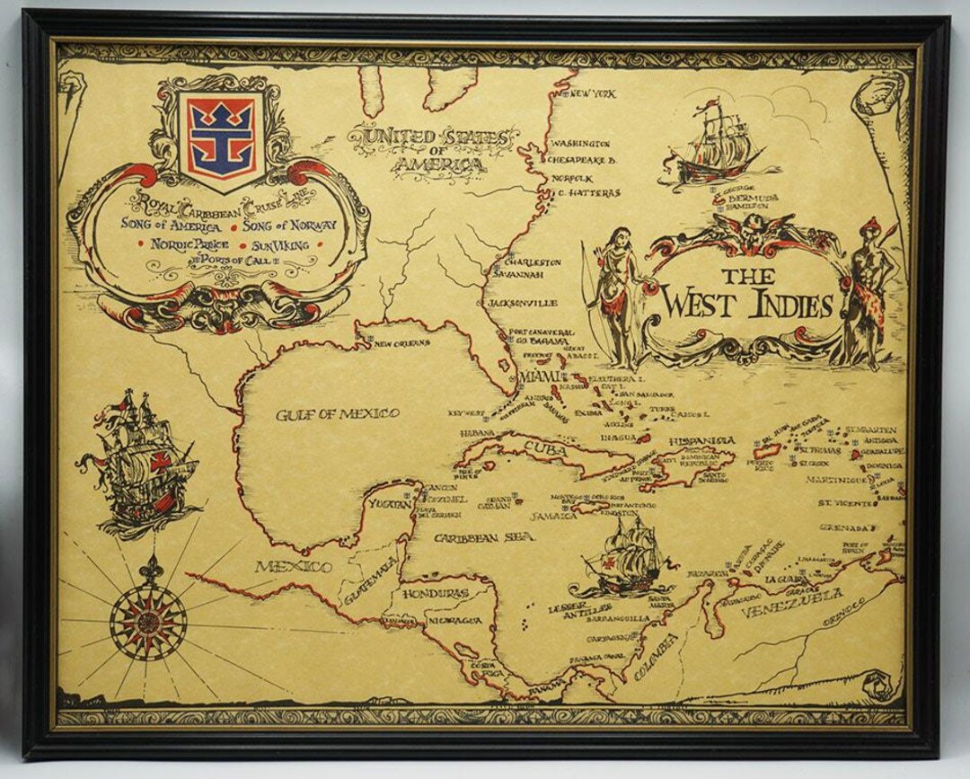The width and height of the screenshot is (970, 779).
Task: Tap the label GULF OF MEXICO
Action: point(337,414)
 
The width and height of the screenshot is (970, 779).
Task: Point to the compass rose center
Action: point(148,621)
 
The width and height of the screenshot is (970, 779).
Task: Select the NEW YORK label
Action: point(592,93)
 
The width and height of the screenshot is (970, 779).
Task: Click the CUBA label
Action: point(545,447)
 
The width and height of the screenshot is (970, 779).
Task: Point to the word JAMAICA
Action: point(553,516)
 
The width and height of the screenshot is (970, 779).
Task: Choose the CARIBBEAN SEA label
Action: point(483,537)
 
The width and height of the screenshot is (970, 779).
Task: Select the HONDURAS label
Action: point(436,594)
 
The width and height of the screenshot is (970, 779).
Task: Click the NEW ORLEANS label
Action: point(401,343)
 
